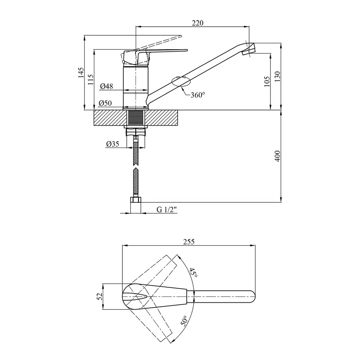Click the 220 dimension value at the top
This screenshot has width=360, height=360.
[x=198, y=23]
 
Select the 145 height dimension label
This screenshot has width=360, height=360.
[x=81, y=72]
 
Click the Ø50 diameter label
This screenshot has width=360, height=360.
[x=105, y=103]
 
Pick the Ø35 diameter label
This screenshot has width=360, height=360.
[x=112, y=144]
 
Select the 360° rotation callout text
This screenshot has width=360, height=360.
[x=198, y=95]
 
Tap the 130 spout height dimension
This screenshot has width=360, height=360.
[x=277, y=75]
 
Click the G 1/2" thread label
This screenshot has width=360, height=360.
[x=167, y=209]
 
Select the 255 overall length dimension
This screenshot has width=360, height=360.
[x=188, y=242]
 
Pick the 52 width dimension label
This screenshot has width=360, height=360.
[x=100, y=296]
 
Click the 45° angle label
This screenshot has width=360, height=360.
[x=193, y=273]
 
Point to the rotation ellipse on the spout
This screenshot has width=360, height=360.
[x=181, y=81]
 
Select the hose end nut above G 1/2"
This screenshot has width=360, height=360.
[x=136, y=200]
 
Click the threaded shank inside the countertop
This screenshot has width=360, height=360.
[x=136, y=118]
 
